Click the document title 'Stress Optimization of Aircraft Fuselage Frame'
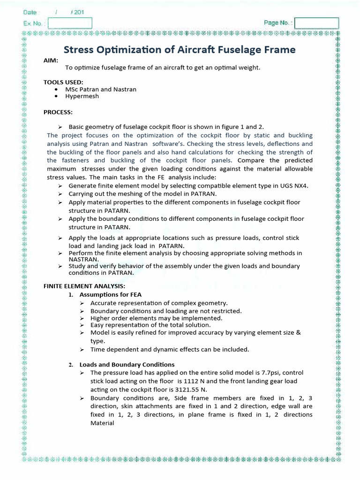(180, 50)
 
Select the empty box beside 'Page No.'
(316, 23)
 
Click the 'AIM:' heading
(51, 60)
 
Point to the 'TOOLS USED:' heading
(63, 82)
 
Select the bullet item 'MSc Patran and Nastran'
(101, 89)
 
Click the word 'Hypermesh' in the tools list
(82, 96)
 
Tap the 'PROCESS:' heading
(58, 112)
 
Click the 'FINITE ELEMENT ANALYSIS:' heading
(84, 286)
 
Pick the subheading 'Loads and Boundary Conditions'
(127, 364)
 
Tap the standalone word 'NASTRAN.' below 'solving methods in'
(84, 259)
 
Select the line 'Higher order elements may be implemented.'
(156, 318)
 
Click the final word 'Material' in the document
(102, 423)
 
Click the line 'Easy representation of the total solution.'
(150, 325)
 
